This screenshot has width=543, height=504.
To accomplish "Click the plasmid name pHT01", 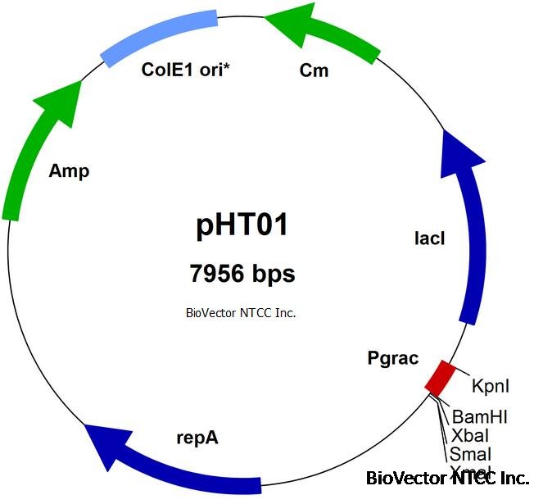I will click(242, 225).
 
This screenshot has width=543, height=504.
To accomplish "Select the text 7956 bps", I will click(242, 274).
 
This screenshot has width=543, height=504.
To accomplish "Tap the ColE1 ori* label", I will click(186, 70).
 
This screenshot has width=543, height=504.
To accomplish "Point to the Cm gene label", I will click(314, 70).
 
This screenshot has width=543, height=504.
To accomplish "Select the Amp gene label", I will click(69, 171).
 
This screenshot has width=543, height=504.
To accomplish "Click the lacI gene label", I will click(430, 238).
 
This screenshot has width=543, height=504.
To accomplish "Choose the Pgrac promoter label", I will click(393, 358).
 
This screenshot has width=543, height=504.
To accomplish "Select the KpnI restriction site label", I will click(491, 384).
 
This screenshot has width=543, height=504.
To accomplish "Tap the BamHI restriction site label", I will click(480, 417).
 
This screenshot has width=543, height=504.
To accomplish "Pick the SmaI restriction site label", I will click(470, 454).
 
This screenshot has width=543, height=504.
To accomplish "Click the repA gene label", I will click(197, 437).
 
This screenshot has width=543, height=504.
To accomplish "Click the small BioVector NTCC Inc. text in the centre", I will click(241, 312).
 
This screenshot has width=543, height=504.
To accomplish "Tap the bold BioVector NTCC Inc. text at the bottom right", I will click(447, 478).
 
